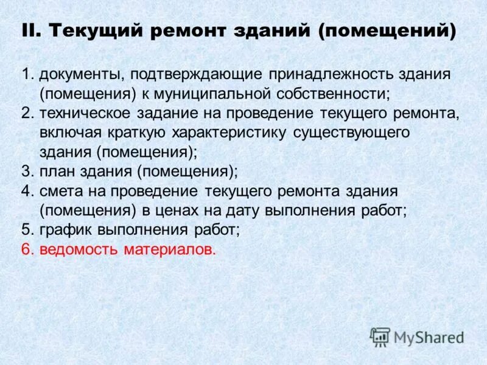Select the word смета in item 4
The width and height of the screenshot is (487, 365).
point(59,191)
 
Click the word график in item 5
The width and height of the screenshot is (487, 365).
point(63,230)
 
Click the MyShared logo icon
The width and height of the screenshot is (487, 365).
point(380,336)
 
